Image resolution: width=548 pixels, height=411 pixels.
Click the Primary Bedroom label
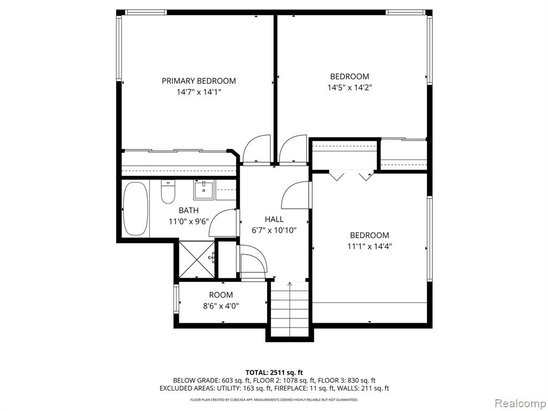(x=199, y=81)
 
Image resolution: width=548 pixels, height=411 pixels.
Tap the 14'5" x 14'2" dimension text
(x=349, y=87)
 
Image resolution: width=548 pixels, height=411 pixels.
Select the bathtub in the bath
(x=136, y=209)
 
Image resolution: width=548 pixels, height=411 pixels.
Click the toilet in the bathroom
(x=168, y=192)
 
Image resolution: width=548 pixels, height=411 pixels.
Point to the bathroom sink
(x=204, y=190)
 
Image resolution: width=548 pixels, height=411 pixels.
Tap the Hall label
(x=274, y=219)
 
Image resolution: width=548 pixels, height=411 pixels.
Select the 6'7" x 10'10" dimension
(x=274, y=230)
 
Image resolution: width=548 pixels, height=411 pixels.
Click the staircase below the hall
(x=290, y=308)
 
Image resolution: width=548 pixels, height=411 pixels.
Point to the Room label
(x=221, y=295)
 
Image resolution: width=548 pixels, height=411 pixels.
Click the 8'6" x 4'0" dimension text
(x=221, y=306)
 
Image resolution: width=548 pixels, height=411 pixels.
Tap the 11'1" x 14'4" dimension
(x=369, y=246)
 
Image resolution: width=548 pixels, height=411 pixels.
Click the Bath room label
(x=189, y=210)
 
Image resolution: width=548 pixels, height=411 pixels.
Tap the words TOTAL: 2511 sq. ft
(x=274, y=372)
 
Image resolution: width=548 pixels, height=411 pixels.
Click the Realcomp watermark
(x=520, y=403)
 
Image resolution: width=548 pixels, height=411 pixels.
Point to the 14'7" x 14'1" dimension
(x=199, y=92)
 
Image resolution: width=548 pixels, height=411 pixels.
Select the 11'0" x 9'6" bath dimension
(x=189, y=221)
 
